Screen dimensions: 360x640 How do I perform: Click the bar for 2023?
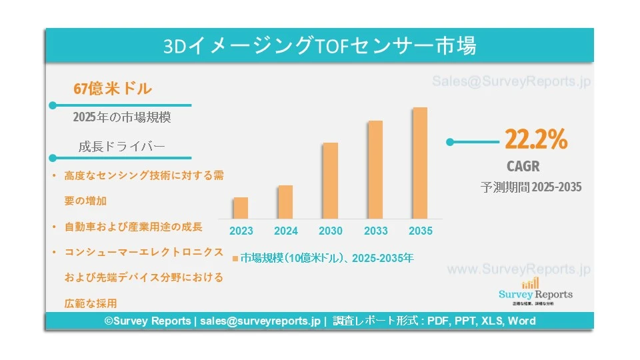click(241, 208)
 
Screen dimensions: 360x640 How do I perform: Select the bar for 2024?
click(285, 202)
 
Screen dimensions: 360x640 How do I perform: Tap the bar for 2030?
click(330, 181)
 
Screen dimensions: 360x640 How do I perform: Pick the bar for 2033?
click(375, 169)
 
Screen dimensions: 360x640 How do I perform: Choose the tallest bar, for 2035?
click(420, 163)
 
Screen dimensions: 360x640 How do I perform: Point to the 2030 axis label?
click(331, 231)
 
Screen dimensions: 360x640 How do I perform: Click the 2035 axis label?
click(420, 231)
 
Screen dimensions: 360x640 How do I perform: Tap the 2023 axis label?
click(241, 231)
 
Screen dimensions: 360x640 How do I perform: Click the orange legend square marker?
click(235, 257)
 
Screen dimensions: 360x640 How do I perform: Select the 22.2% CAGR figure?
click(536, 140)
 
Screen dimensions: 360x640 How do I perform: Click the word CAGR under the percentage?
click(523, 166)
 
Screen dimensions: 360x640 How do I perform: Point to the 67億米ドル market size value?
click(113, 88)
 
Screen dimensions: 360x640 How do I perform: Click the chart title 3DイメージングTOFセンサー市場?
click(320, 46)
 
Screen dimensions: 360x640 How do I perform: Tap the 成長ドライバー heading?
click(121, 147)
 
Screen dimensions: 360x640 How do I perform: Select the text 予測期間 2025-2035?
click(531, 187)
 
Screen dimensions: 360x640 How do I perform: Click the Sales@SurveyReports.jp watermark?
click(511, 82)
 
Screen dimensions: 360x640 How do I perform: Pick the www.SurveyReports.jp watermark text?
click(519, 270)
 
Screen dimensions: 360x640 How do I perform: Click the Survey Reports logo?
click(535, 291)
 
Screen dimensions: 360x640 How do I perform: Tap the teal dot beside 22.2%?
click(450, 142)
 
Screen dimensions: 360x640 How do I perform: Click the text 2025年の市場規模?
click(122, 117)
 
